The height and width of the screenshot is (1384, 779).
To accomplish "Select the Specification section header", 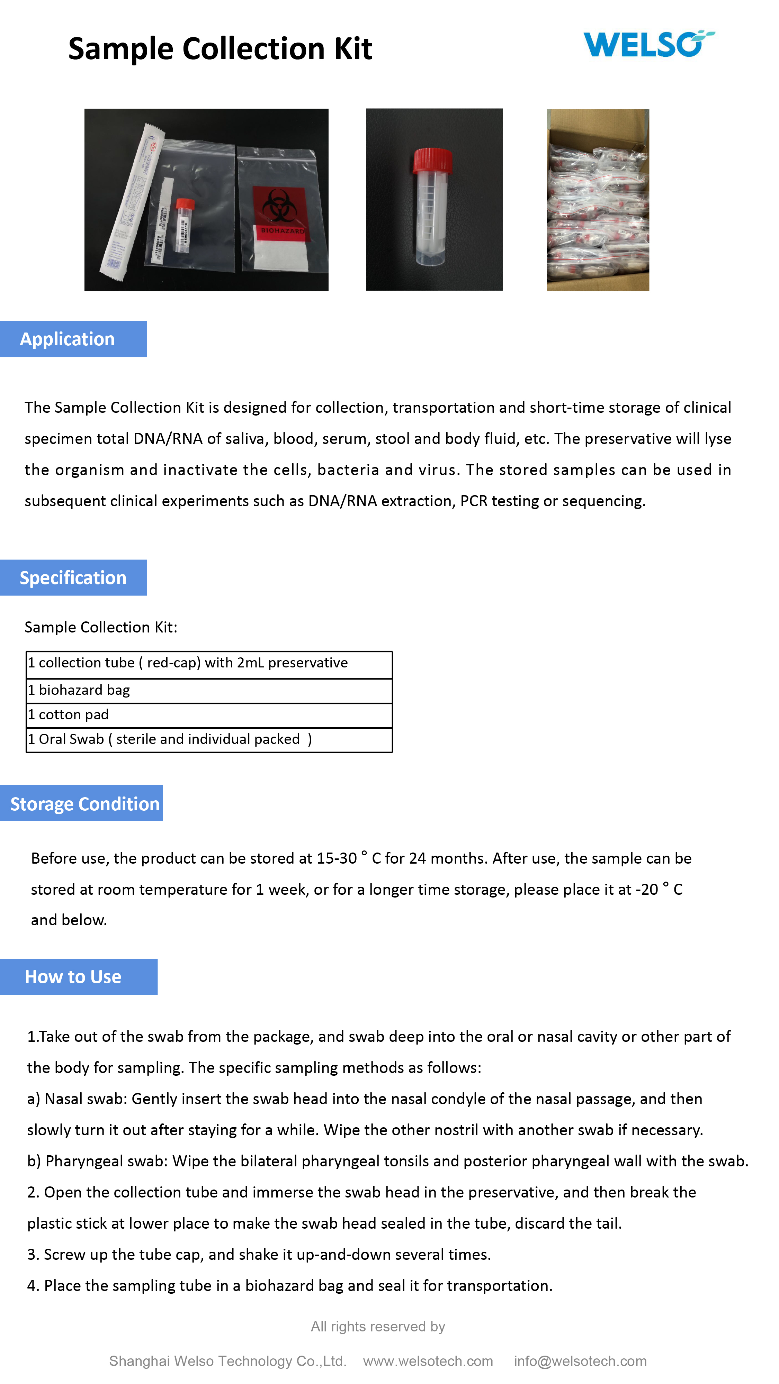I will click(73, 577).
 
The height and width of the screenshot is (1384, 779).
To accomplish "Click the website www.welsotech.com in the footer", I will click(428, 1361).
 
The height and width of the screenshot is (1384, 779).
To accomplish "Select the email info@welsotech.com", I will click(580, 1361).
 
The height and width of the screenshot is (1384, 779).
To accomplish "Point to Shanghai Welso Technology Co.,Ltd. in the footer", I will click(227, 1361).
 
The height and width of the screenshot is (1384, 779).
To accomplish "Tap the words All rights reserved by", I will click(378, 1327).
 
